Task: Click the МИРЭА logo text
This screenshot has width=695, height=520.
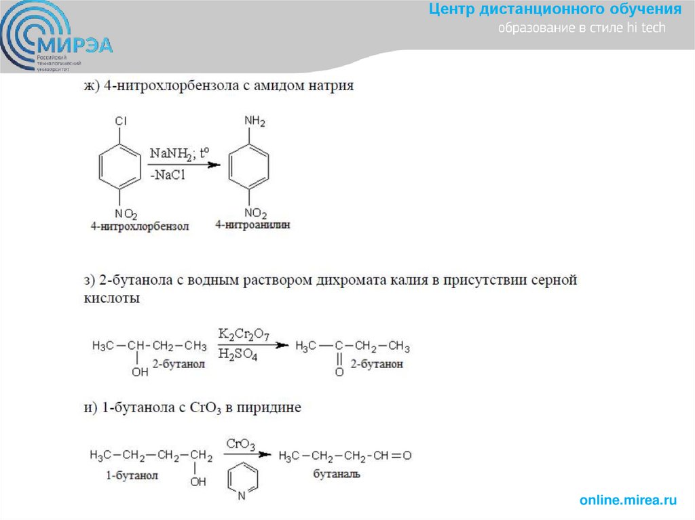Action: click(76, 45)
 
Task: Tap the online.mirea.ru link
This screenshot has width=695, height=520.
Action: click(628, 500)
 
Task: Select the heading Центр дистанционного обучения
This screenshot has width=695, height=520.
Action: click(555, 9)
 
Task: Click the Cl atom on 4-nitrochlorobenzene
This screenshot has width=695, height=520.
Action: click(120, 121)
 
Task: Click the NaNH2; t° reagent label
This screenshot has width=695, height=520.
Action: click(178, 153)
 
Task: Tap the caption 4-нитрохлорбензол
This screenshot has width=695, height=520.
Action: click(139, 226)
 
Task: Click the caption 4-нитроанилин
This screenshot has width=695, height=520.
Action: click(252, 225)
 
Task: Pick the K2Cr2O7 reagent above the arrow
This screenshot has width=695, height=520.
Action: click(243, 334)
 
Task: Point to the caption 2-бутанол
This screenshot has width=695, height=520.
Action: click(179, 364)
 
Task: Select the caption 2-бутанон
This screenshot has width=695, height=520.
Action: click(377, 364)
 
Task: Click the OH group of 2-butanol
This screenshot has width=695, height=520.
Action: click(140, 372)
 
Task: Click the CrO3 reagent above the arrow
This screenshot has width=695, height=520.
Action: click(240, 445)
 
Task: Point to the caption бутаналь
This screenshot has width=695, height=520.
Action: click(336, 474)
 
